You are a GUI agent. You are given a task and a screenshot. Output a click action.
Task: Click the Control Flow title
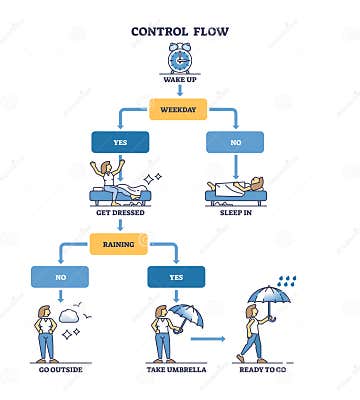(180, 31)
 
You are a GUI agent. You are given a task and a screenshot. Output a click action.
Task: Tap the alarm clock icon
(180, 57)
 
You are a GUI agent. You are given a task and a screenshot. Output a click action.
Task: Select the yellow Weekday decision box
(180, 107)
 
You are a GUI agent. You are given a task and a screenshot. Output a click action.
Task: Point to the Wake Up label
(180, 79)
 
